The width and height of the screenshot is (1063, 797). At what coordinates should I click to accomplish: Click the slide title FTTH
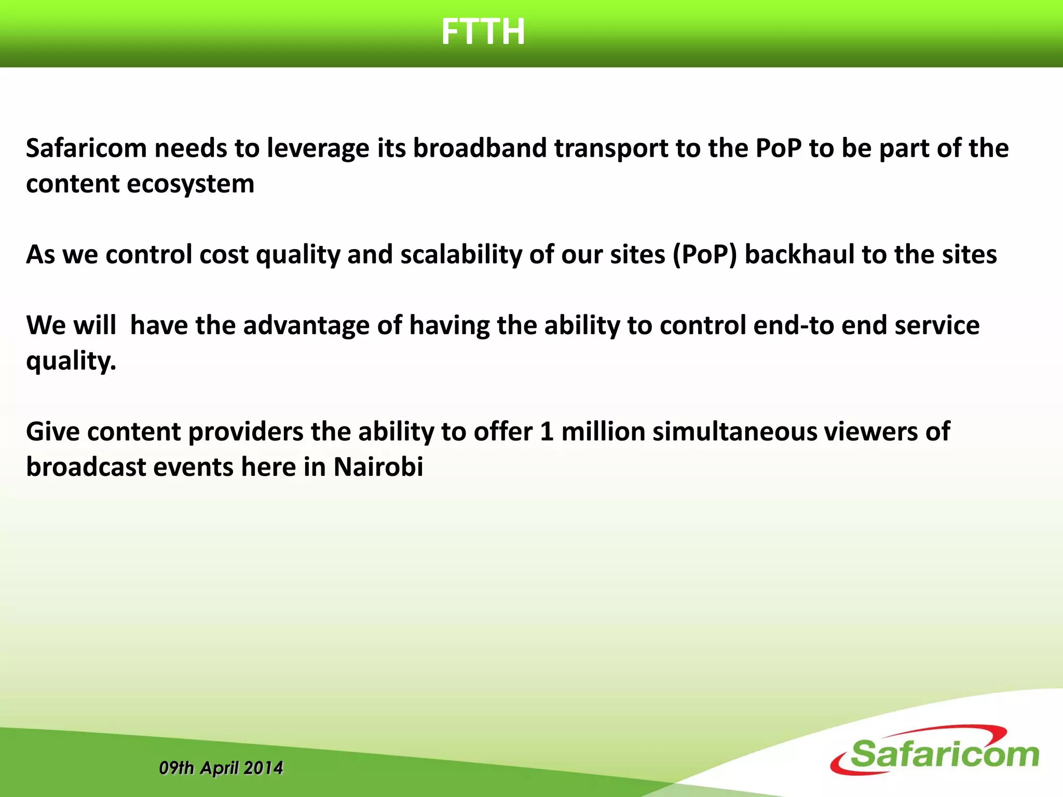483,32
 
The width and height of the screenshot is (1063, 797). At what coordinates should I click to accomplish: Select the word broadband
480,148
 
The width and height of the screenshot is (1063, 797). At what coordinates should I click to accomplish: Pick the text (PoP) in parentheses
704,255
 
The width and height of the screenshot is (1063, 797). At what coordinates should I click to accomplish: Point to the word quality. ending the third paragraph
71,361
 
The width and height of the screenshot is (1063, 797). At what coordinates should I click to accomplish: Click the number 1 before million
546,432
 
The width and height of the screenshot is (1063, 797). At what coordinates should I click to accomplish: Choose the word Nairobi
378,467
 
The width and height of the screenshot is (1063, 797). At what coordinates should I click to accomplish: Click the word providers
246,432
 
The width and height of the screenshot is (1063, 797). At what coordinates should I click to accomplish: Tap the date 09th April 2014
221,768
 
